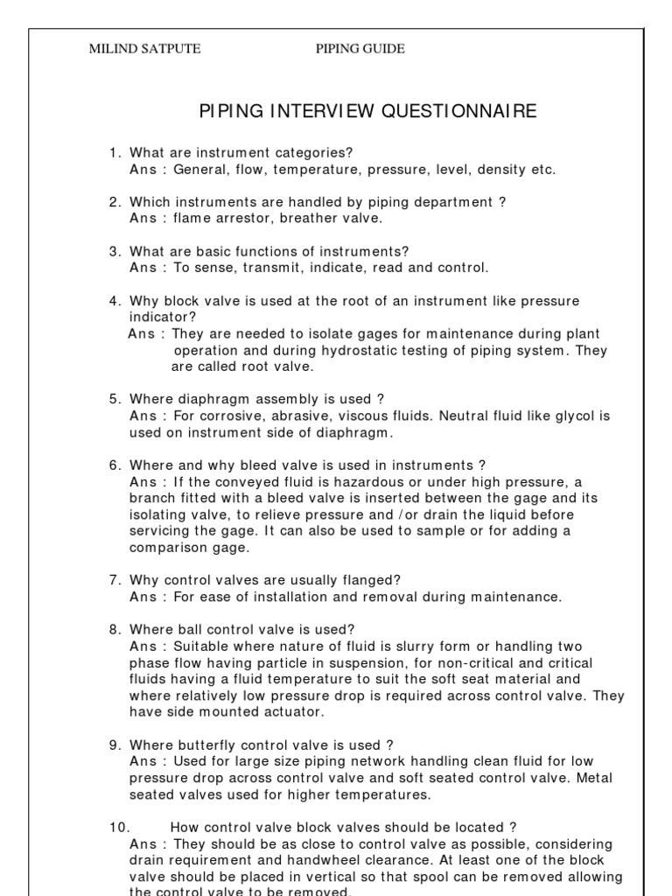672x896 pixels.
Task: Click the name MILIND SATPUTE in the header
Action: [x=145, y=49]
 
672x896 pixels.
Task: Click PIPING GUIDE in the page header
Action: [x=360, y=49]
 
